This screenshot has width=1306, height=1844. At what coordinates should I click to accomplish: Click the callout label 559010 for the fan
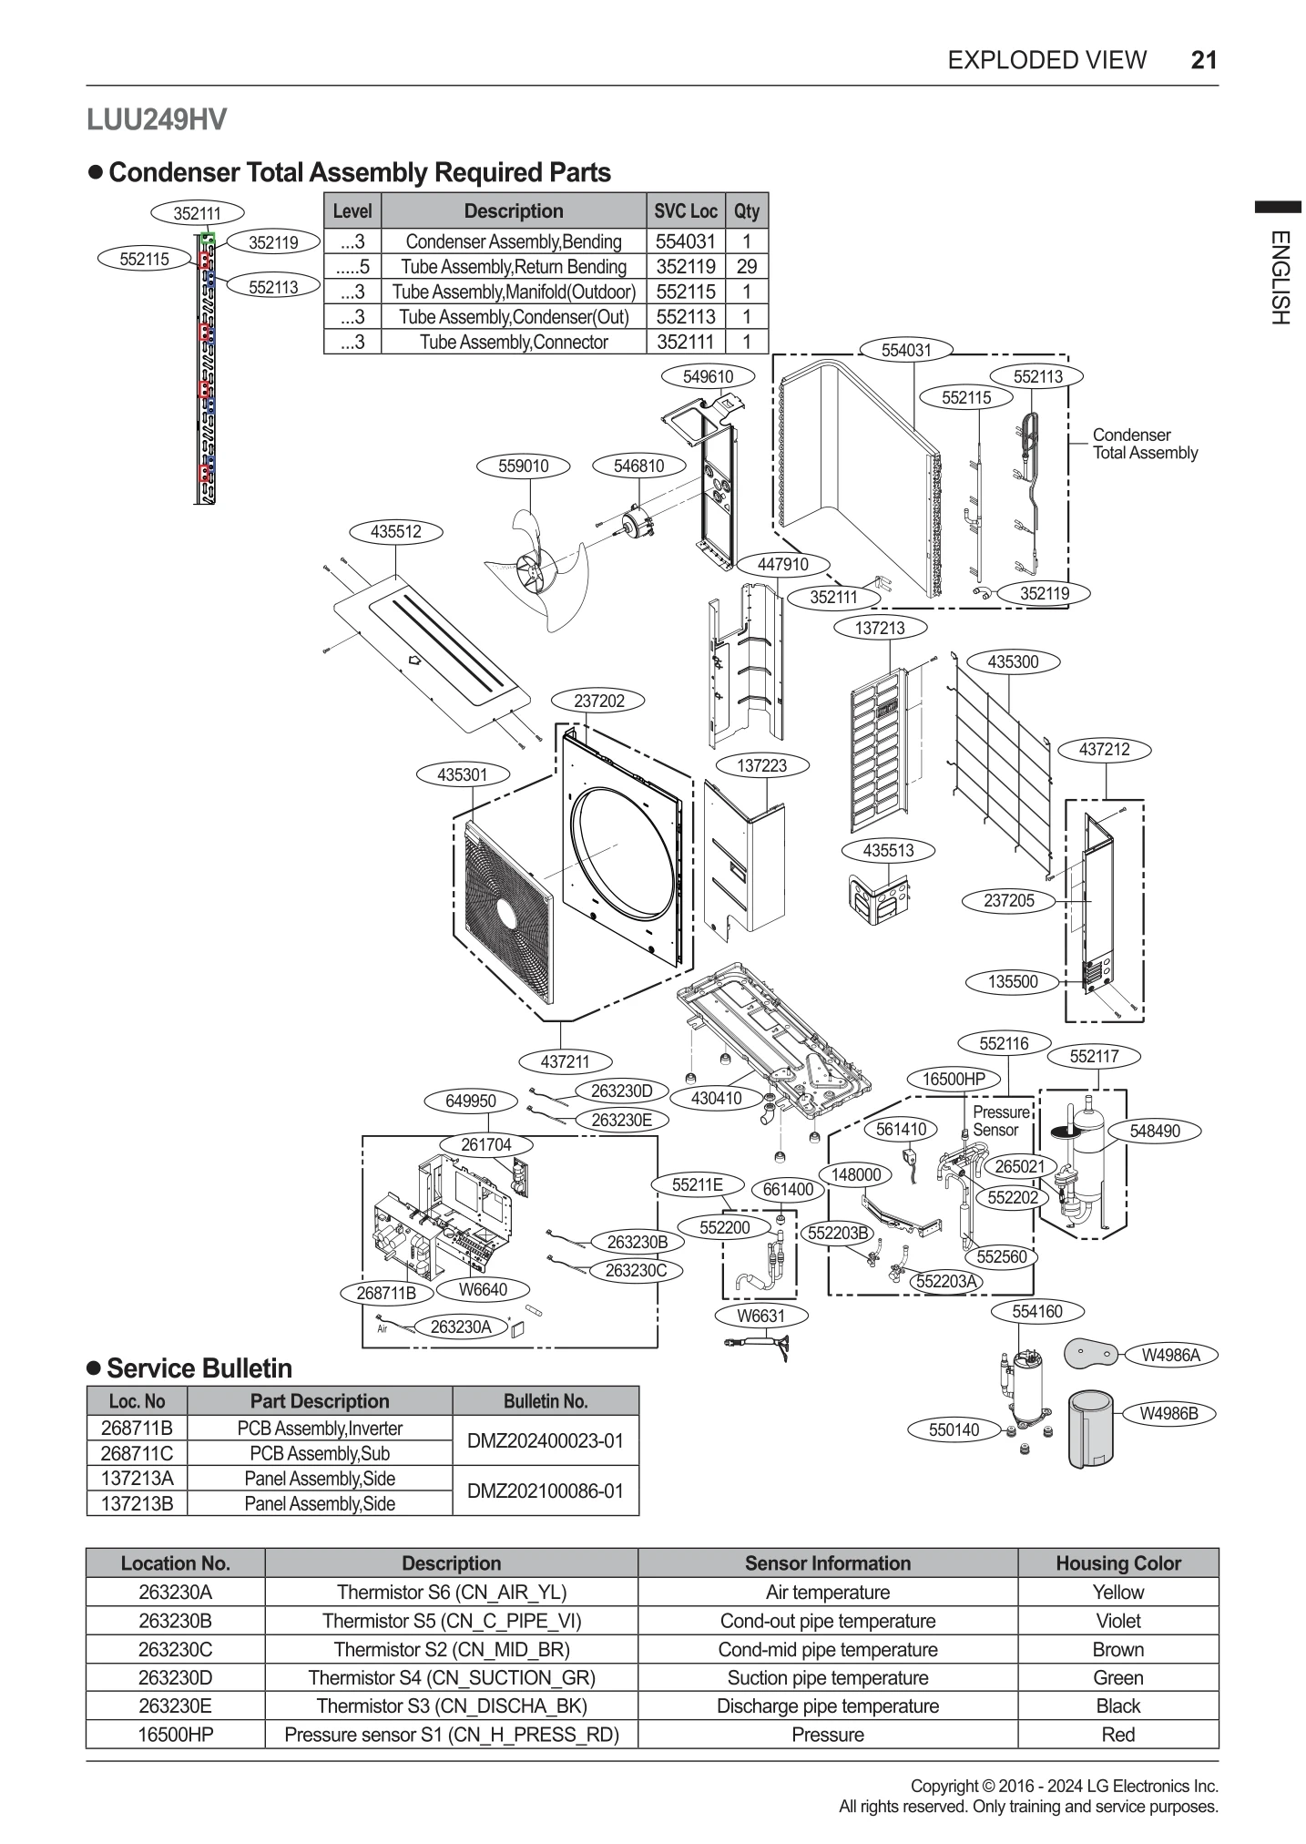pos(523,466)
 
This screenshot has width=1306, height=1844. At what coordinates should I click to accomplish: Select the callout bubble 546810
pos(638,466)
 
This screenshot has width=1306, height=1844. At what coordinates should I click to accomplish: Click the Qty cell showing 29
pos(746,267)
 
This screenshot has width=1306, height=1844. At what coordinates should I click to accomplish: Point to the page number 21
pos(1203,60)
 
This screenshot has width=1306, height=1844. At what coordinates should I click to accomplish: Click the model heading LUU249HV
pos(157,120)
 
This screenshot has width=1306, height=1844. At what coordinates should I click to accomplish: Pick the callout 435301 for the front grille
pos(462,775)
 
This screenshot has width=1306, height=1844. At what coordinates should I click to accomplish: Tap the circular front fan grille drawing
pos(506,911)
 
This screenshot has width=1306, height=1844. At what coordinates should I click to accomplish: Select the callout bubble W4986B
pos(1169,1414)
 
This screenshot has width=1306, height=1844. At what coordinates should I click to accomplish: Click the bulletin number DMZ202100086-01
pos(545,1491)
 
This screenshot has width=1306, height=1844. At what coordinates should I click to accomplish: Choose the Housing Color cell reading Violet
pos(1117,1621)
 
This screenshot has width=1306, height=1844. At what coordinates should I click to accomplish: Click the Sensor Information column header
pos(827,1563)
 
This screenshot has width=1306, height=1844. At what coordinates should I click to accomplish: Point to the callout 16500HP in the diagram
pos(954,1080)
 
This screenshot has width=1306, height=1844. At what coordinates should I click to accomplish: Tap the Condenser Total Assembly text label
pos(1144,445)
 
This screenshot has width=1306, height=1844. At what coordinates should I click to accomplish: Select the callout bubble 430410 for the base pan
pos(716,1099)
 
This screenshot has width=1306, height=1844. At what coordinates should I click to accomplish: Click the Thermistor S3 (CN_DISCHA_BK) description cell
pos(451,1706)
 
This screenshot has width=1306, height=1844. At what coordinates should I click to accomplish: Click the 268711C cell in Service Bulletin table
pos(137,1453)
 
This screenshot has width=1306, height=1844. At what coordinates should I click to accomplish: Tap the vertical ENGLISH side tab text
pos(1279,277)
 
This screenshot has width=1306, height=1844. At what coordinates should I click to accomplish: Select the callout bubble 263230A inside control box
pos(460,1327)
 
